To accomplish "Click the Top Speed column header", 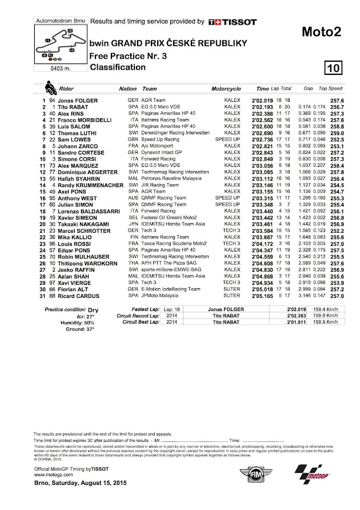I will tap(330, 89).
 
